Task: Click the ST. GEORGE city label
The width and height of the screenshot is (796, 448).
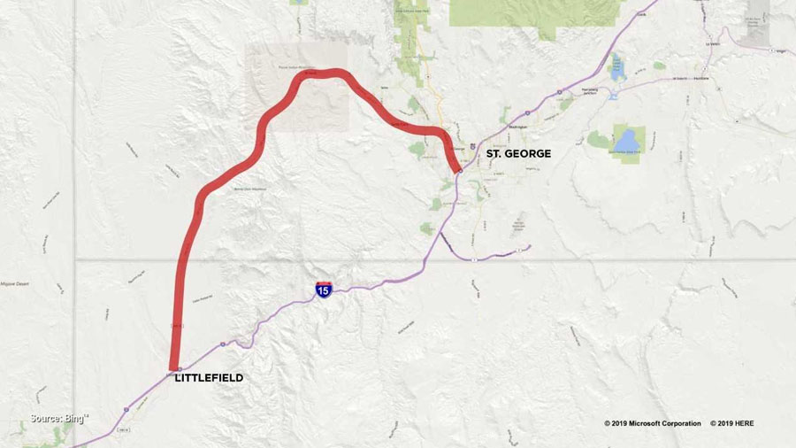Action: [518, 154]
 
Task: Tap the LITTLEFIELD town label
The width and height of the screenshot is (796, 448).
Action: [209, 378]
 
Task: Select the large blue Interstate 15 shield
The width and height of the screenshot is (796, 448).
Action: [324, 289]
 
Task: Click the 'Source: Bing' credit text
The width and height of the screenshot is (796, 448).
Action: [59, 418]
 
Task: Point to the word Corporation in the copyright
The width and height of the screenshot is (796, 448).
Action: [674, 423]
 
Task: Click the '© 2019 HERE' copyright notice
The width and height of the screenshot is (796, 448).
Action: [732, 423]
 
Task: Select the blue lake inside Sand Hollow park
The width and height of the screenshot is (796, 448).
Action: [627, 141]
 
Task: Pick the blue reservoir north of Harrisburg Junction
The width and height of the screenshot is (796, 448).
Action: [616, 67]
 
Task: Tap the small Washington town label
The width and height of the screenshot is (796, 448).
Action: [517, 127]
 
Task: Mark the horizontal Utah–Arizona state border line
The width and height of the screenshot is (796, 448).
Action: [619, 260]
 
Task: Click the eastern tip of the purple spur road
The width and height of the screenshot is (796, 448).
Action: [529, 246]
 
